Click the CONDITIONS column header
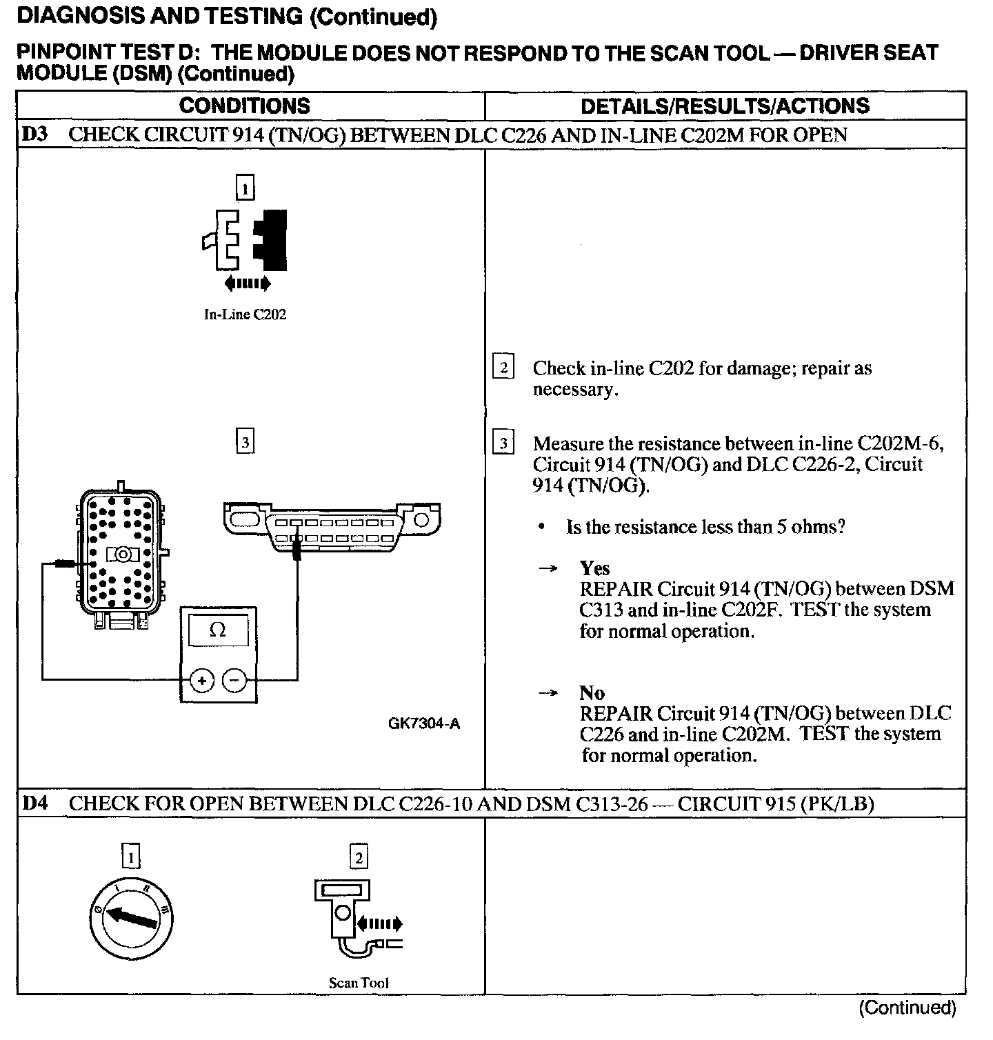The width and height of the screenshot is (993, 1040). (x=245, y=106)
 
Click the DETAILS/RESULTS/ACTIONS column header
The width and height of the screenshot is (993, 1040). (x=725, y=106)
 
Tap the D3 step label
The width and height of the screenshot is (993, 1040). (x=35, y=134)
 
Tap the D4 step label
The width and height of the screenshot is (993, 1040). (x=35, y=803)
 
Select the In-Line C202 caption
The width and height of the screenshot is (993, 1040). (x=245, y=314)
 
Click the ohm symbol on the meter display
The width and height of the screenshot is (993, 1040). (x=217, y=630)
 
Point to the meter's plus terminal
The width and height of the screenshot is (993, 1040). (x=202, y=681)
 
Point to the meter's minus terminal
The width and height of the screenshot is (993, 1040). (x=235, y=681)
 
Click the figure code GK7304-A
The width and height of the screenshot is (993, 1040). (x=423, y=724)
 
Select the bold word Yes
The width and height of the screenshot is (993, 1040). (x=594, y=568)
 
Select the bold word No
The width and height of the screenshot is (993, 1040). (x=592, y=693)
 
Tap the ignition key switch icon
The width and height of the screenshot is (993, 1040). (x=131, y=917)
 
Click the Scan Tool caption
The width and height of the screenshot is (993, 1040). (x=359, y=983)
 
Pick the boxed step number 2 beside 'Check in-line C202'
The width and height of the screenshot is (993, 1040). (x=503, y=368)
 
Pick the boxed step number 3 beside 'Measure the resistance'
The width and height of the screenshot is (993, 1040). (x=503, y=443)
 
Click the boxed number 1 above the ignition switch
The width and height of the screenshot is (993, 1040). (x=130, y=857)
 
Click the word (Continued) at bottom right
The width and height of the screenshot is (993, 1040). (x=907, y=1008)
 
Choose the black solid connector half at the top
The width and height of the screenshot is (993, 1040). (x=272, y=240)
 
